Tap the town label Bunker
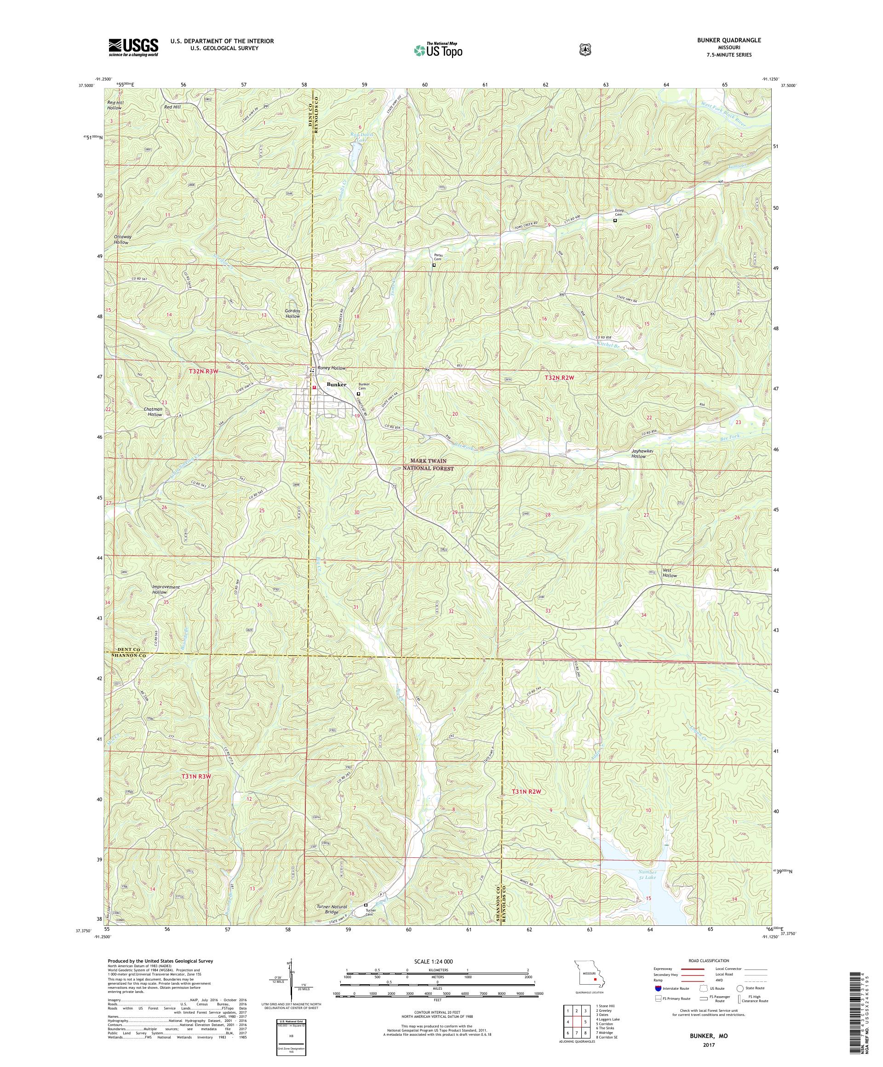(336, 384)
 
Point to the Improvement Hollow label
(166, 590)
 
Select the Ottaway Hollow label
(121, 239)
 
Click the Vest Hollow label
(670, 573)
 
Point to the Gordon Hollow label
(292, 314)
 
